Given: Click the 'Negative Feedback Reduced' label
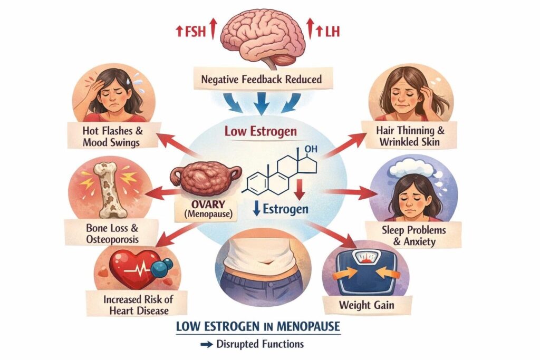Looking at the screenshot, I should [x=269, y=81].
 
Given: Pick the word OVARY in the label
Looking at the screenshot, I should [x=204, y=204].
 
